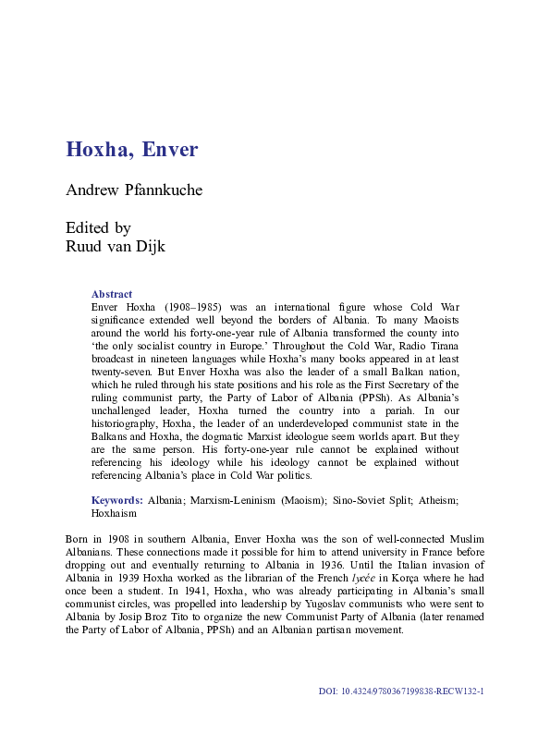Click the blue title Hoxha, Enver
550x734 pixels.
pyautogui.click(x=131, y=149)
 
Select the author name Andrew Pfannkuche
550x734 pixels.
pyautogui.click(x=133, y=190)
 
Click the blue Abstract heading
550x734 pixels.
pyautogui.click(x=112, y=294)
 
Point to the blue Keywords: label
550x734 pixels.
pyautogui.click(x=116, y=499)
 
